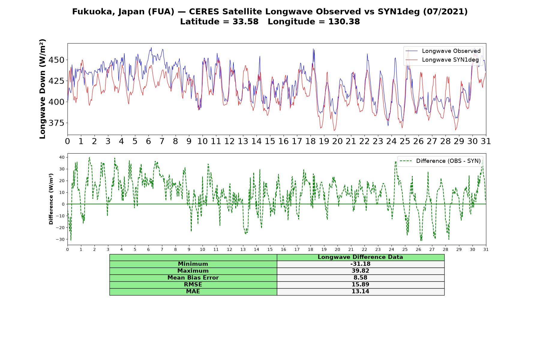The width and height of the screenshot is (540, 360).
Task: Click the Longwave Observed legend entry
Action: [443, 51]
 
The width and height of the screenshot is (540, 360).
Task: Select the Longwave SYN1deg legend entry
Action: [442, 60]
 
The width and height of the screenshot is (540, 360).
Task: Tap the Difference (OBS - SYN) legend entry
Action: [440, 161]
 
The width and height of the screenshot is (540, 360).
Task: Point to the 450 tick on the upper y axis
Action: [56, 60]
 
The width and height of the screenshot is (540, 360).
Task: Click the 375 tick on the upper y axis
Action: [56, 123]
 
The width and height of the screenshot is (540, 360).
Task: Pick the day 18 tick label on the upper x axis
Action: [310, 141]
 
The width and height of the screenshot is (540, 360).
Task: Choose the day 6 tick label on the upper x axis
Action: [148, 141]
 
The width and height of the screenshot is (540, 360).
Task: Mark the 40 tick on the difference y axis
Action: [62, 157]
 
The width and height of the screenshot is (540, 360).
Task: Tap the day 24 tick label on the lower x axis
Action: [391, 249]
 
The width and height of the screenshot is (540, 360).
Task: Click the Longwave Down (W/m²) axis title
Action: [42, 89]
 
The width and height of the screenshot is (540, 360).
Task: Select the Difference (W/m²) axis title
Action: [51, 199]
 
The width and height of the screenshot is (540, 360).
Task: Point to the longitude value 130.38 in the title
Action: [344, 22]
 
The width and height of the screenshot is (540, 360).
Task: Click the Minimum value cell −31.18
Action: [360, 264]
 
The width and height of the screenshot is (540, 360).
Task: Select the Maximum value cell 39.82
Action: [360, 271]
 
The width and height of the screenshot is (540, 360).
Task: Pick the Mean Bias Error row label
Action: [193, 278]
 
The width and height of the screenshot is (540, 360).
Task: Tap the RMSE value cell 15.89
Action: [360, 285]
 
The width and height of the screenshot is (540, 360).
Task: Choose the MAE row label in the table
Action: [193, 292]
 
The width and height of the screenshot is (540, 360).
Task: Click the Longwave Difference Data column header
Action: [360, 257]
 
